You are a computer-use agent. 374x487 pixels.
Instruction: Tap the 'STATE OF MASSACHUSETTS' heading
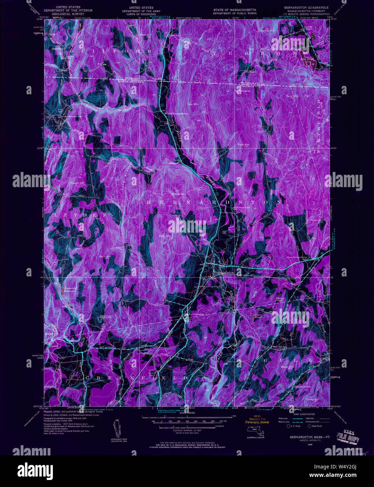[235, 10]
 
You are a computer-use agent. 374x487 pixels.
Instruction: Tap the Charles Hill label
[267, 30]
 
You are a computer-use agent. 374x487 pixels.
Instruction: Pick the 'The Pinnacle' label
[242, 91]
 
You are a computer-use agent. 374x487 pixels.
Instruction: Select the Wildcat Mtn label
[178, 194]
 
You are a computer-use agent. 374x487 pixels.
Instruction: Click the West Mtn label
[165, 236]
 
